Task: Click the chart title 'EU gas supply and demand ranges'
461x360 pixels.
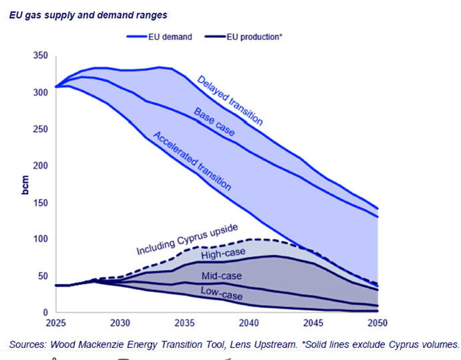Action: point(88,15)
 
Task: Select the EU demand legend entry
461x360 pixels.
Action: point(159,37)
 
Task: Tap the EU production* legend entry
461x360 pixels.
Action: point(243,37)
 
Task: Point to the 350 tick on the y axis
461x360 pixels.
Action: point(41,55)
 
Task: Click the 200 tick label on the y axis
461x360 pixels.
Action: point(41,166)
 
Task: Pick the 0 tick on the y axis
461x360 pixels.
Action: point(45,313)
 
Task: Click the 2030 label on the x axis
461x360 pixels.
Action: point(120,323)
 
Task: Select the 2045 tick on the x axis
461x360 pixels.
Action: point(313,323)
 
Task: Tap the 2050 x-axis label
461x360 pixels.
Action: point(377,323)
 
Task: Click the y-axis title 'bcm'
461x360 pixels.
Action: point(25,185)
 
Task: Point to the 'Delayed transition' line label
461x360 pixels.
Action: point(230,100)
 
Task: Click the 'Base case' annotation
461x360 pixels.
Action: point(214,122)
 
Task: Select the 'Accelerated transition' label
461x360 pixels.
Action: point(192,161)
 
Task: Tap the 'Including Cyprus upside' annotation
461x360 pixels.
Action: point(187,239)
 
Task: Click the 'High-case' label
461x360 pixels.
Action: point(223,254)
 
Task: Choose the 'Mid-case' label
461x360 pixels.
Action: point(222,276)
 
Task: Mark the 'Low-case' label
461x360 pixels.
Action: point(222,293)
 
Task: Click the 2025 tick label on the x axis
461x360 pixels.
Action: point(55,323)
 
